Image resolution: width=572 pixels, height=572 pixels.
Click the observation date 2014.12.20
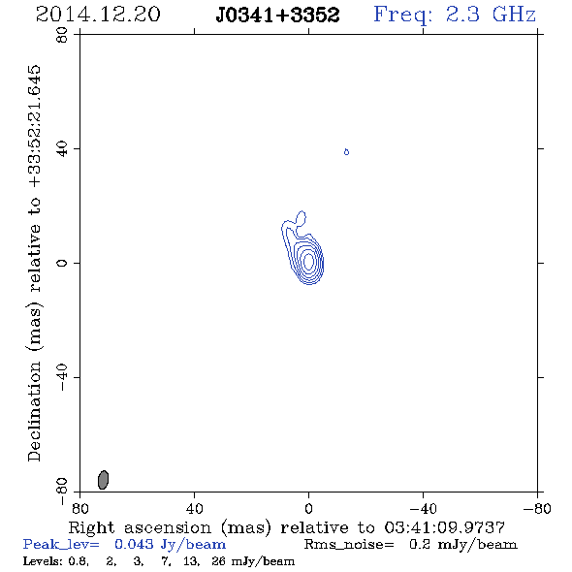[98, 15]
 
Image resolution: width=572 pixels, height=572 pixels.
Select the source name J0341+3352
[277, 15]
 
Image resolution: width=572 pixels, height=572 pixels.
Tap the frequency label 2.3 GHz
[491, 15]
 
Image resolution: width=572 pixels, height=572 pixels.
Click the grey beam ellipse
[103, 480]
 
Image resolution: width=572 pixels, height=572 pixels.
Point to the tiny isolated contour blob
[346, 152]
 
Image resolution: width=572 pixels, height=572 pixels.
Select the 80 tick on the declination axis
[62, 35]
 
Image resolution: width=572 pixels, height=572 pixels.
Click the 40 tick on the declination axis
[62, 149]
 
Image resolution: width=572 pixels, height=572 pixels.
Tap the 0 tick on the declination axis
[62, 263]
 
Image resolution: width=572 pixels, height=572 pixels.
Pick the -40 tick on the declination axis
[62, 377]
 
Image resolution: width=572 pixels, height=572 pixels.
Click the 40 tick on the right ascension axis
[194, 508]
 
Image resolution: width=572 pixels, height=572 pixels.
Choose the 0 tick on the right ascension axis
[308, 508]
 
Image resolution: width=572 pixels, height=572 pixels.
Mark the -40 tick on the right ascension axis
[423, 508]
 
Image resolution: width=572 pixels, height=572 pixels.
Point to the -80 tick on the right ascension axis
[537, 508]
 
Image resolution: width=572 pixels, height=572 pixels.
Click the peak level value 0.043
[134, 544]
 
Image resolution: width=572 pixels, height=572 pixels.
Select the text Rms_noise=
[349, 545]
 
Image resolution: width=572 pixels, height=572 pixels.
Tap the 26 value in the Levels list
[218, 561]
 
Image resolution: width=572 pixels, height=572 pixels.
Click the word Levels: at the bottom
[42, 561]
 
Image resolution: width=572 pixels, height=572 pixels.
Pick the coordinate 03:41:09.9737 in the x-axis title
[444, 527]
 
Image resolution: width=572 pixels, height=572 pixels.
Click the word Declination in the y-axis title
[34, 412]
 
